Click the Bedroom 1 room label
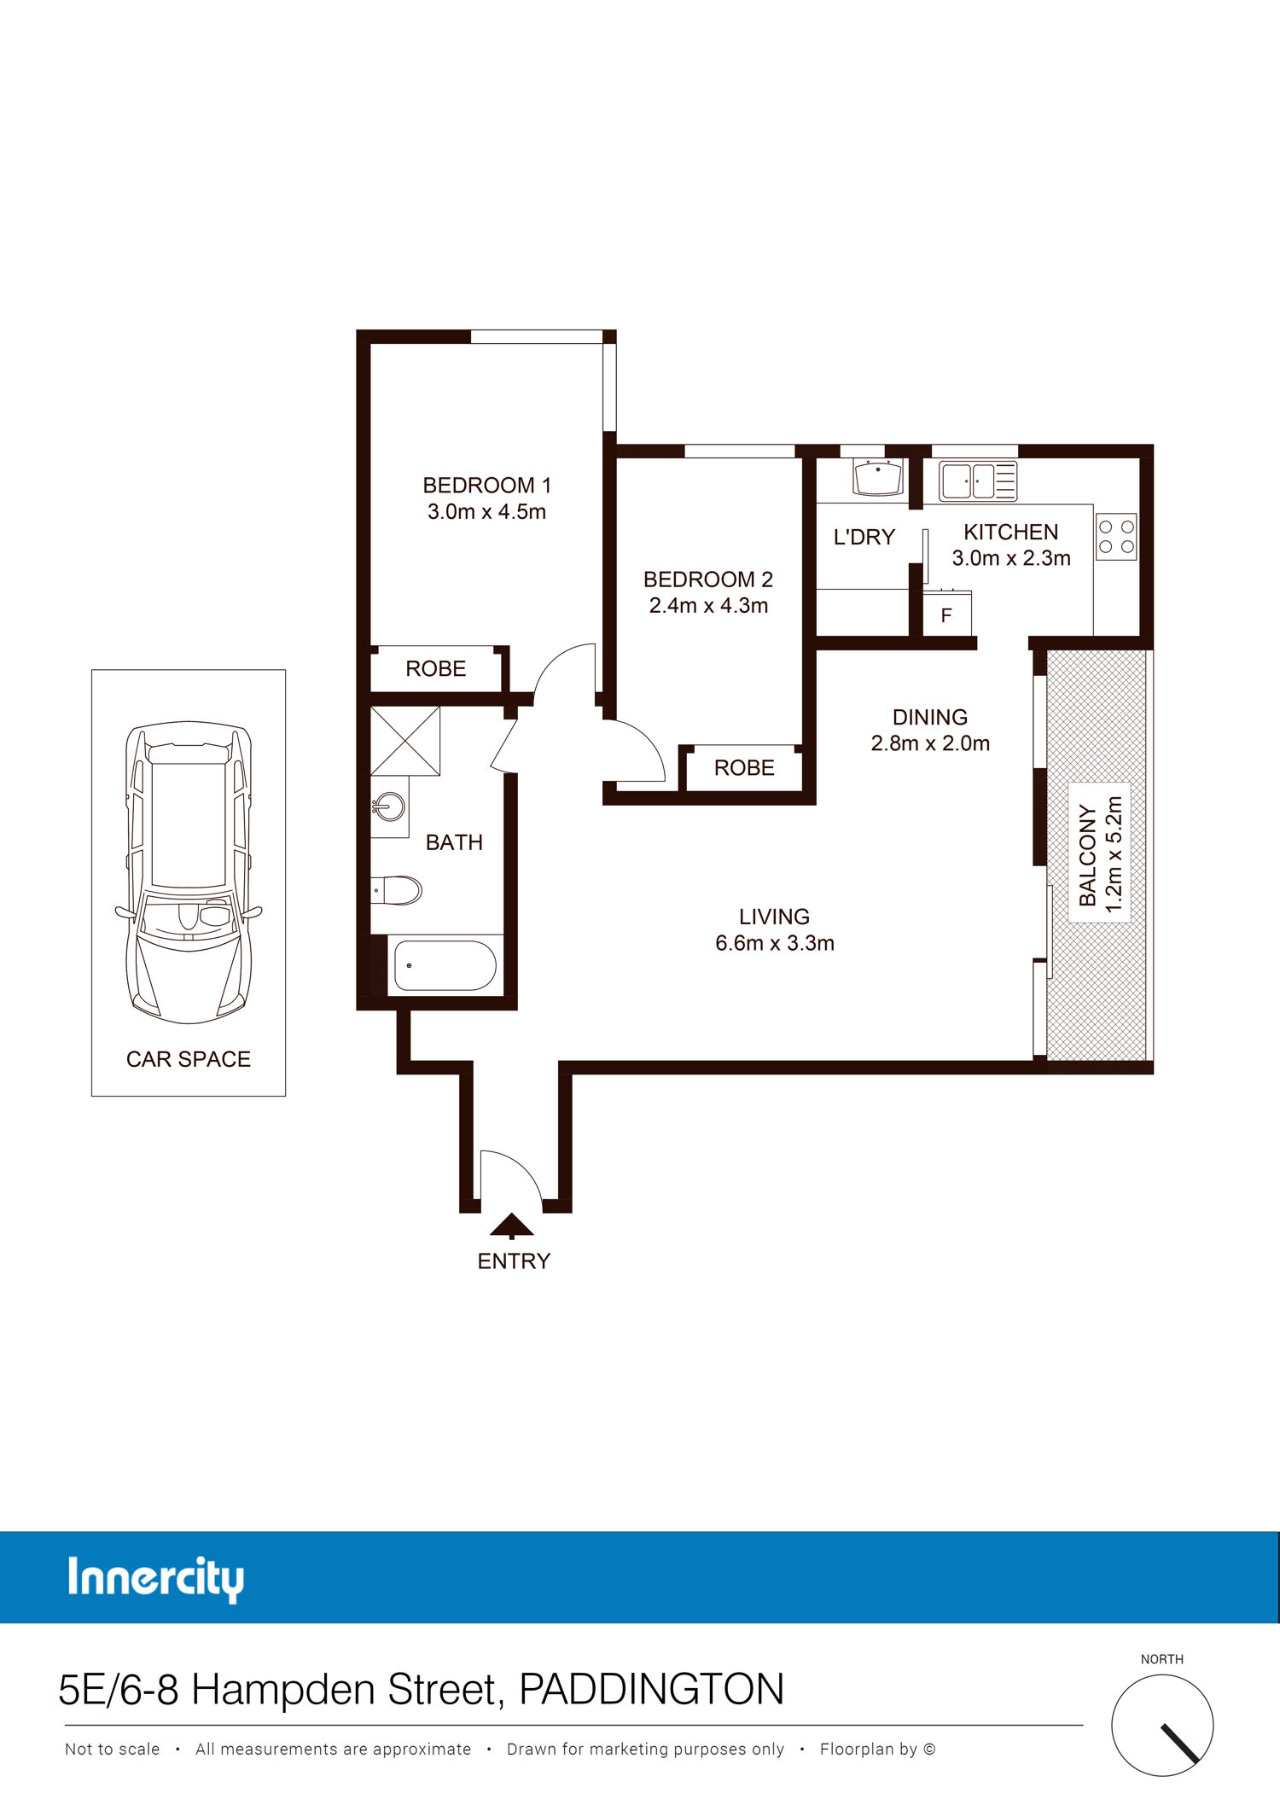click(x=486, y=485)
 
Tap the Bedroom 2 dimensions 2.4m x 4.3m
click(x=708, y=605)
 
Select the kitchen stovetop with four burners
click(x=1116, y=537)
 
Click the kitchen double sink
click(x=978, y=480)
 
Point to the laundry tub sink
click(x=878, y=478)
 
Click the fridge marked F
click(x=946, y=614)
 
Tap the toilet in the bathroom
click(x=397, y=890)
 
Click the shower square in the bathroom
click(x=405, y=741)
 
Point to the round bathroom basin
click(x=390, y=807)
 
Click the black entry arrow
click(x=512, y=1226)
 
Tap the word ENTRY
click(x=514, y=1261)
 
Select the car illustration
click(x=189, y=872)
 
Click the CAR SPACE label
click(x=189, y=1059)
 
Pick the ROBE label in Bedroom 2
click(x=744, y=768)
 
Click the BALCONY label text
click(x=1087, y=855)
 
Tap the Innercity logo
click(x=155, y=1579)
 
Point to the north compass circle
click(x=1162, y=1725)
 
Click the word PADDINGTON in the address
click(x=652, y=1689)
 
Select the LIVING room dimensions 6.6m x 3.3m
click(x=775, y=943)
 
